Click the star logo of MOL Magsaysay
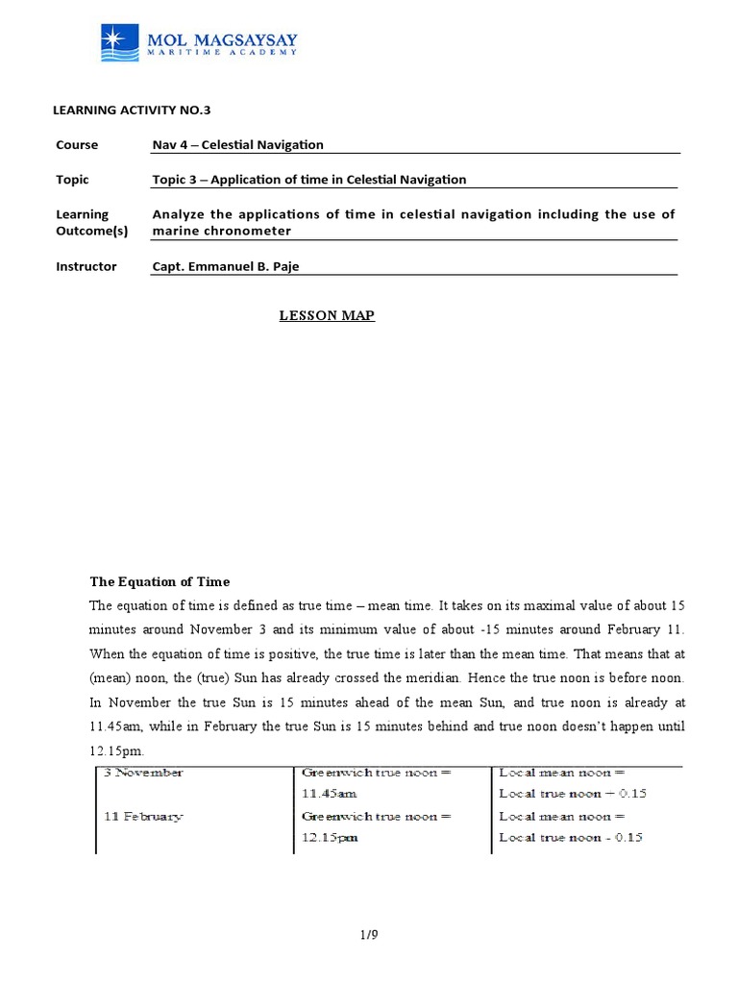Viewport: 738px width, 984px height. [122, 43]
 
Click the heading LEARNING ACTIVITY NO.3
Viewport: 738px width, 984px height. [131, 110]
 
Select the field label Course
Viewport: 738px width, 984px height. [77, 145]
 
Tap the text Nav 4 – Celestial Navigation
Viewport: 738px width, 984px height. [238, 145]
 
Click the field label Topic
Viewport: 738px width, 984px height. [73, 180]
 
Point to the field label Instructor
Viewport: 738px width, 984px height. [86, 266]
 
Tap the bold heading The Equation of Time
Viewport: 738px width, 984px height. [160, 582]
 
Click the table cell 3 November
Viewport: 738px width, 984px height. [144, 773]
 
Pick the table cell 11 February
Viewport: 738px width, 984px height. [142, 817]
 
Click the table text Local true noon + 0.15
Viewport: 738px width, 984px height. [571, 794]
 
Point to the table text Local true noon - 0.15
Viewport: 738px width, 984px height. [571, 838]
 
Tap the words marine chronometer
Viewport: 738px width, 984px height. [221, 231]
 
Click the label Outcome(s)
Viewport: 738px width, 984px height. [92, 231]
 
